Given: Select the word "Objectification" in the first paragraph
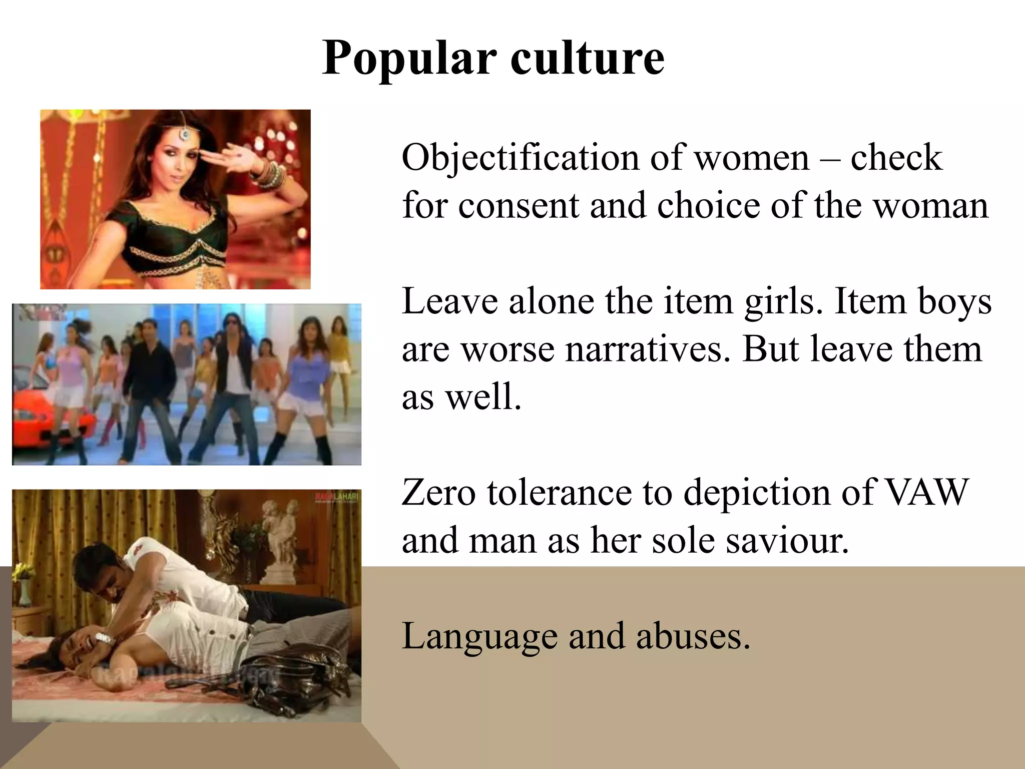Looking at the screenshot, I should pyautogui.click(x=521, y=158).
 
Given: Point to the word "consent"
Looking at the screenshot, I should pyautogui.click(x=519, y=206).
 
